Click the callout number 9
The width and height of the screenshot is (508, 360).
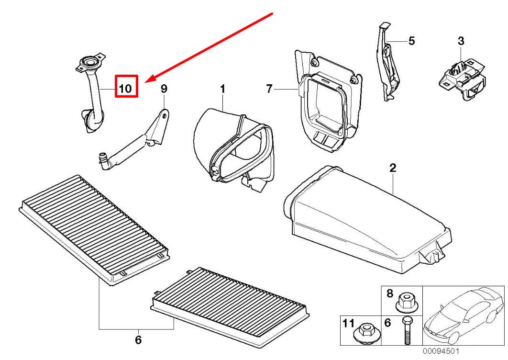pyautogui.click(x=164, y=89)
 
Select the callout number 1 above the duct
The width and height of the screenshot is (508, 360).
pyautogui.click(x=222, y=89)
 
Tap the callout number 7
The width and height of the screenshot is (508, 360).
pyautogui.click(x=269, y=89)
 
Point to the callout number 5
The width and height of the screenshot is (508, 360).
pyautogui.click(x=411, y=41)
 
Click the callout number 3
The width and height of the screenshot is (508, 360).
pyautogui.click(x=461, y=41)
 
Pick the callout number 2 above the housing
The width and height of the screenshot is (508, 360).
pyautogui.click(x=393, y=168)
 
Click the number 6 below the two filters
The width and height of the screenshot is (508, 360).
pyautogui.click(x=138, y=340)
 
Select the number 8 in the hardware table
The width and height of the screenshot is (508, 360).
pyautogui.click(x=389, y=294)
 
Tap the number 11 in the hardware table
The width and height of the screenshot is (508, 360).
pyautogui.click(x=348, y=324)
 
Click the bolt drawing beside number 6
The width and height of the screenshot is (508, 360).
pyautogui.click(x=407, y=330)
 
